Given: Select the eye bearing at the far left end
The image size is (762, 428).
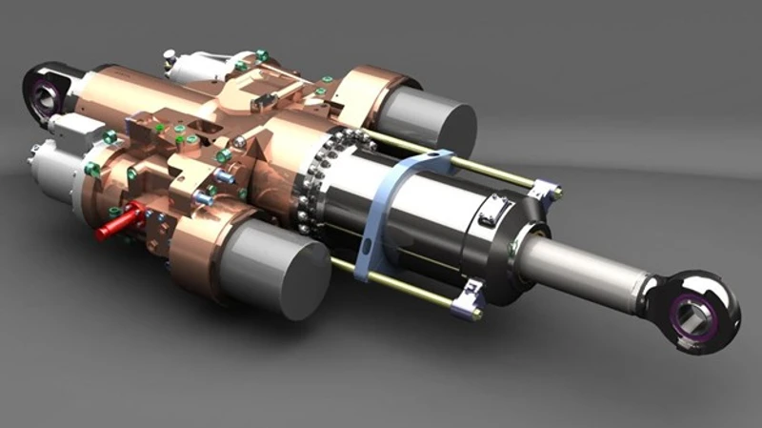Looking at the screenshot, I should click(x=42, y=91).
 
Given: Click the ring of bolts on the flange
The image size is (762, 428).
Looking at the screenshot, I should click(x=314, y=181).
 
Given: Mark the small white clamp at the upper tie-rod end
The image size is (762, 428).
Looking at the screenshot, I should click(x=545, y=190).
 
